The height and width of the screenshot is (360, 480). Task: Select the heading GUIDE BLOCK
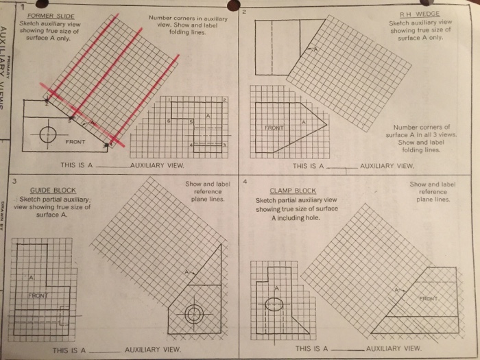click(x=53, y=190)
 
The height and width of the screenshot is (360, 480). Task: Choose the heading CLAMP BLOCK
click(x=293, y=191)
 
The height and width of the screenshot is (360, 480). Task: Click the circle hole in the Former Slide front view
click(x=48, y=134)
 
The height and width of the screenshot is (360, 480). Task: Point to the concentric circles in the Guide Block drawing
click(x=194, y=315)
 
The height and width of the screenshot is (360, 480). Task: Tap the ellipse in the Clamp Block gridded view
click(x=274, y=305)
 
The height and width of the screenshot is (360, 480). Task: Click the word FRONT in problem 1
click(x=75, y=142)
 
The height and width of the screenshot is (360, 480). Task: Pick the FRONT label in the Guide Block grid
click(x=38, y=296)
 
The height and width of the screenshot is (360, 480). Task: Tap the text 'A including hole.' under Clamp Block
click(x=296, y=218)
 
